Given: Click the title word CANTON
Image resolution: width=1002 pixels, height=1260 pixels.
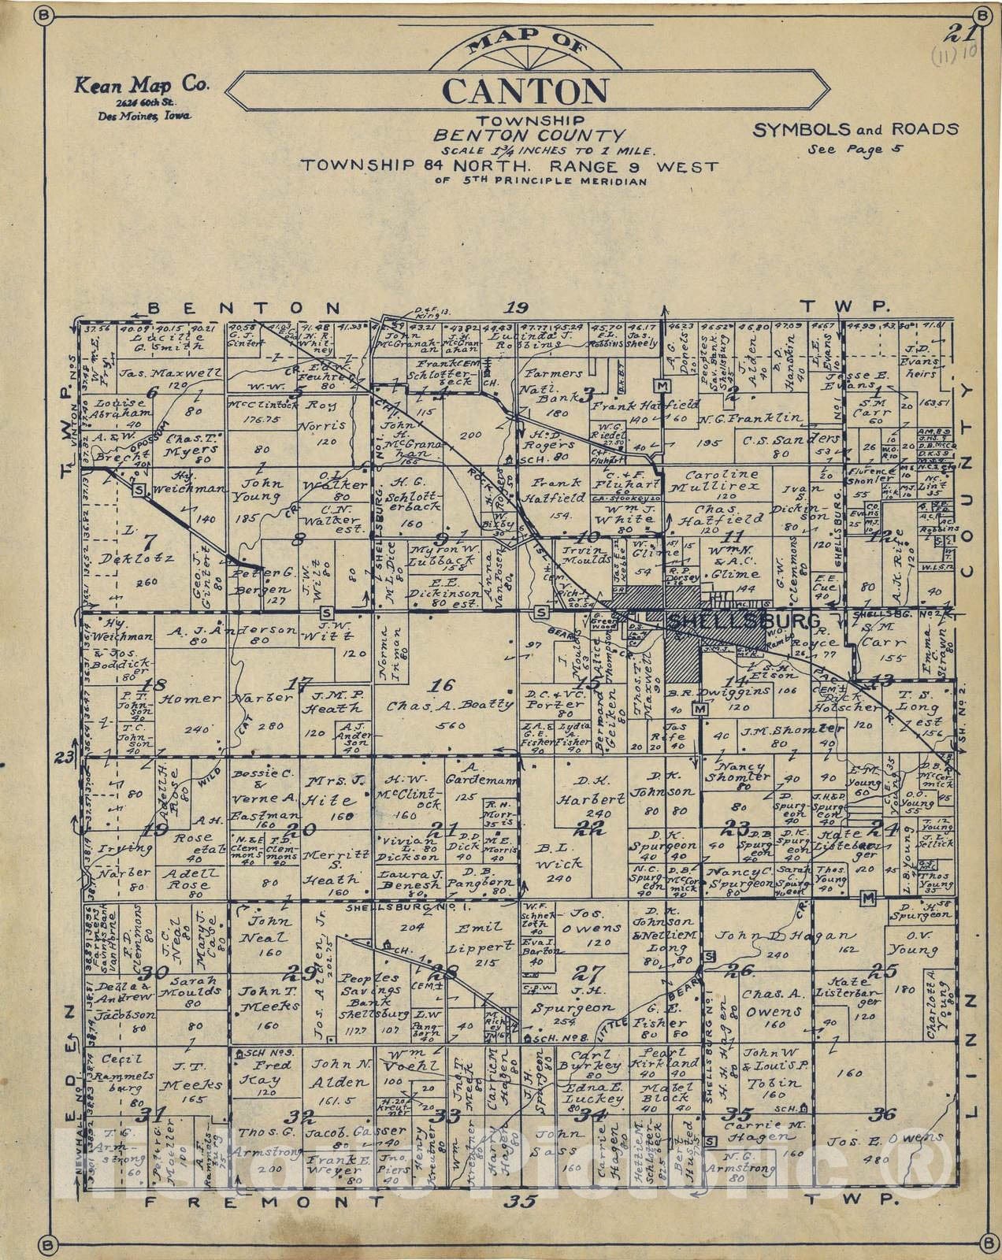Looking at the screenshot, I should coord(525,91).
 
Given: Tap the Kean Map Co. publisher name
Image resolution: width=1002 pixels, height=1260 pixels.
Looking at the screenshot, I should coord(143,86).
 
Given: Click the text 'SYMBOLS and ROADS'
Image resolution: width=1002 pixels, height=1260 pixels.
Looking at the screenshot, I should coord(855,130).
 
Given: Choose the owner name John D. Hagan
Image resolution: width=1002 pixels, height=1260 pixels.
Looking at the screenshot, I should coord(796,936).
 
